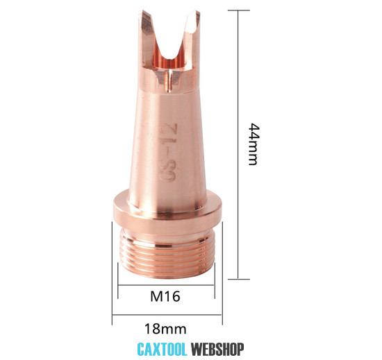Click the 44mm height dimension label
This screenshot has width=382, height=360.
(x=253, y=144)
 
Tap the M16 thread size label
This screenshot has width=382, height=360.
(x=165, y=296)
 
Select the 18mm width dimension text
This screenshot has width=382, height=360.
(x=165, y=329)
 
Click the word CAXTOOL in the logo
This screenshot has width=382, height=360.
(x=162, y=350)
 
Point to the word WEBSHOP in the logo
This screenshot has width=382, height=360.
(x=217, y=350)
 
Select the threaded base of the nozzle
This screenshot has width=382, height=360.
(x=167, y=253)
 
